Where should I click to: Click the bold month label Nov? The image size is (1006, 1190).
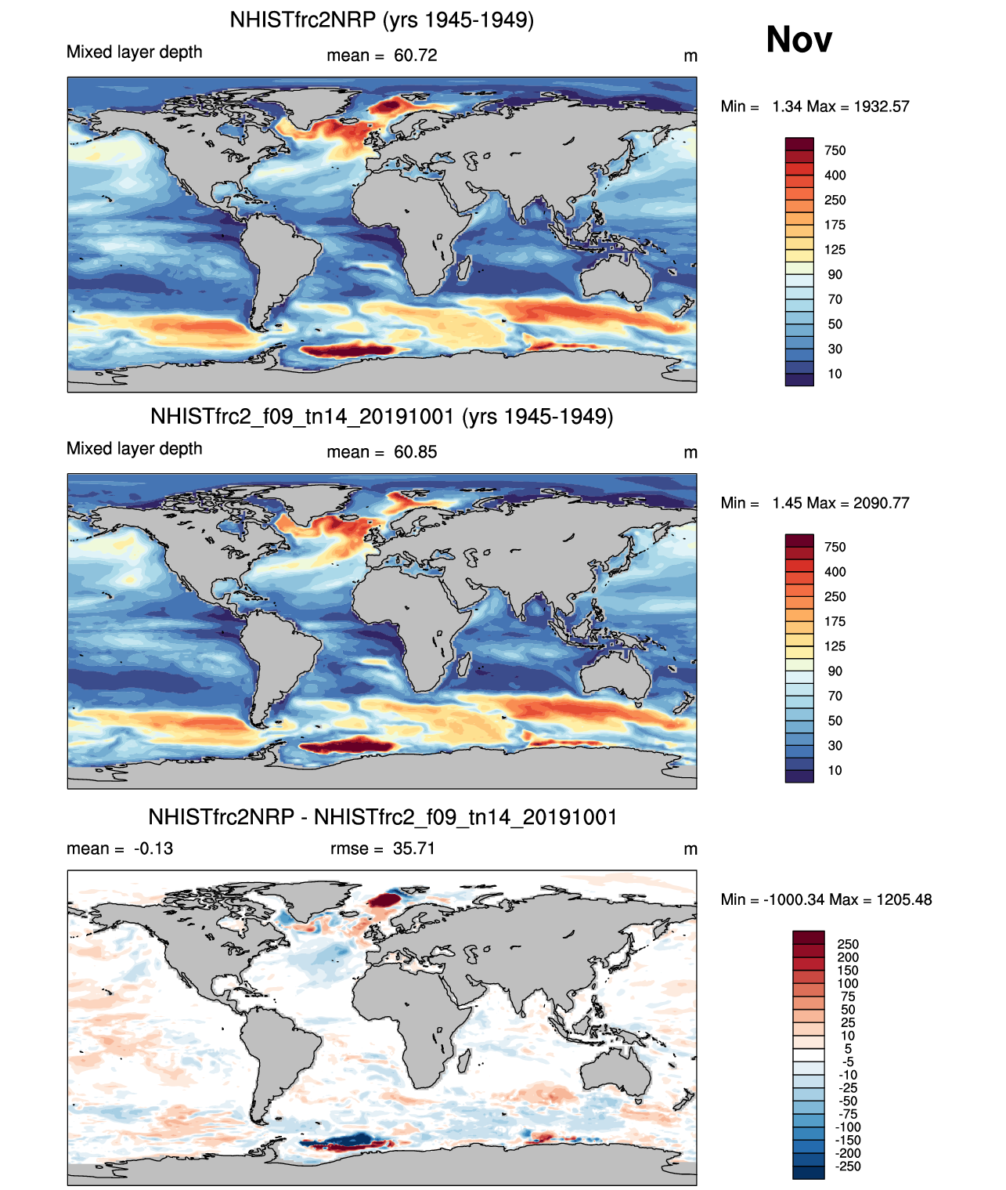(x=799, y=39)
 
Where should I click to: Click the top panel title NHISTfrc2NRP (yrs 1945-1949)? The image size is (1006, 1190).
(x=381, y=20)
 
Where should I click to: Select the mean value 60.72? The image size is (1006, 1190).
(x=415, y=56)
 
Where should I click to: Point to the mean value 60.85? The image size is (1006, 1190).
(x=415, y=452)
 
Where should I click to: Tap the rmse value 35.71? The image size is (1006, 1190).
(x=413, y=848)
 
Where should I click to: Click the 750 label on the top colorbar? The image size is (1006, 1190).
(x=835, y=150)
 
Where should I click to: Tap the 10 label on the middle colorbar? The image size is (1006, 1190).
(x=835, y=770)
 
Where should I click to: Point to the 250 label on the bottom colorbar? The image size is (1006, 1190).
(x=848, y=944)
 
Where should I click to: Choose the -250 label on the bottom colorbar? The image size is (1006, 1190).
(x=848, y=1166)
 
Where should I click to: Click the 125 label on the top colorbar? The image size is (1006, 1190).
(x=835, y=250)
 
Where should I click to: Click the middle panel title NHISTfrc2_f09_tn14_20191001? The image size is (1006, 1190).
(x=381, y=416)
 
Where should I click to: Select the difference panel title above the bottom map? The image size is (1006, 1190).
(x=382, y=817)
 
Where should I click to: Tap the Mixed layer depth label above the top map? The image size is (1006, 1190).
(x=134, y=52)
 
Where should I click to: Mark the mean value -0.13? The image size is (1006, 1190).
(x=153, y=848)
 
